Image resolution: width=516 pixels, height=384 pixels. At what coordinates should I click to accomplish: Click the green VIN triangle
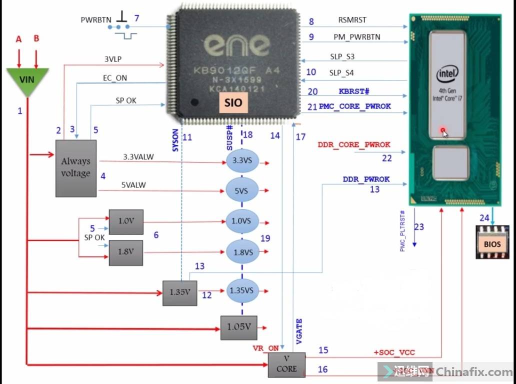click(27, 79)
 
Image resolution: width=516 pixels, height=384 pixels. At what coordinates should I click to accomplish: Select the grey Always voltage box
click(76, 167)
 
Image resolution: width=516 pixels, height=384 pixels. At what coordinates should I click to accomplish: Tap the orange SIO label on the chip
click(233, 103)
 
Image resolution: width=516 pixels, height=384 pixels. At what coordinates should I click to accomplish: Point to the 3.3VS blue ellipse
click(241, 161)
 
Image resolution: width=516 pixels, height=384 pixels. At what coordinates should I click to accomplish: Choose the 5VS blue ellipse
click(241, 191)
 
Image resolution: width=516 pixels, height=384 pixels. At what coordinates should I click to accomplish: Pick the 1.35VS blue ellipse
click(241, 290)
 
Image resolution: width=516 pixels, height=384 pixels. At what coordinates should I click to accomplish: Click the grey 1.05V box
click(238, 326)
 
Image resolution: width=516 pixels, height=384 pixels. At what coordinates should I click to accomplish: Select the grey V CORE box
click(286, 364)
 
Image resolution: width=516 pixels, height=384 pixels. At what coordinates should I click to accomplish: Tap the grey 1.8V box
click(126, 252)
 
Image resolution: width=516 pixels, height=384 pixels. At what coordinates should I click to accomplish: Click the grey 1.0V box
click(126, 221)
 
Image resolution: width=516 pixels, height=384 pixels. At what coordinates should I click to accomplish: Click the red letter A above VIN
click(19, 39)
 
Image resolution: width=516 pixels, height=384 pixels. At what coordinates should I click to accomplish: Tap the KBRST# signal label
click(354, 91)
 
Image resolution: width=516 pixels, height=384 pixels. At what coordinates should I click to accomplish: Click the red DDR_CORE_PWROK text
click(353, 145)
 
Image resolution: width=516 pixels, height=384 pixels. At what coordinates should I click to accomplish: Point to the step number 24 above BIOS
click(484, 217)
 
